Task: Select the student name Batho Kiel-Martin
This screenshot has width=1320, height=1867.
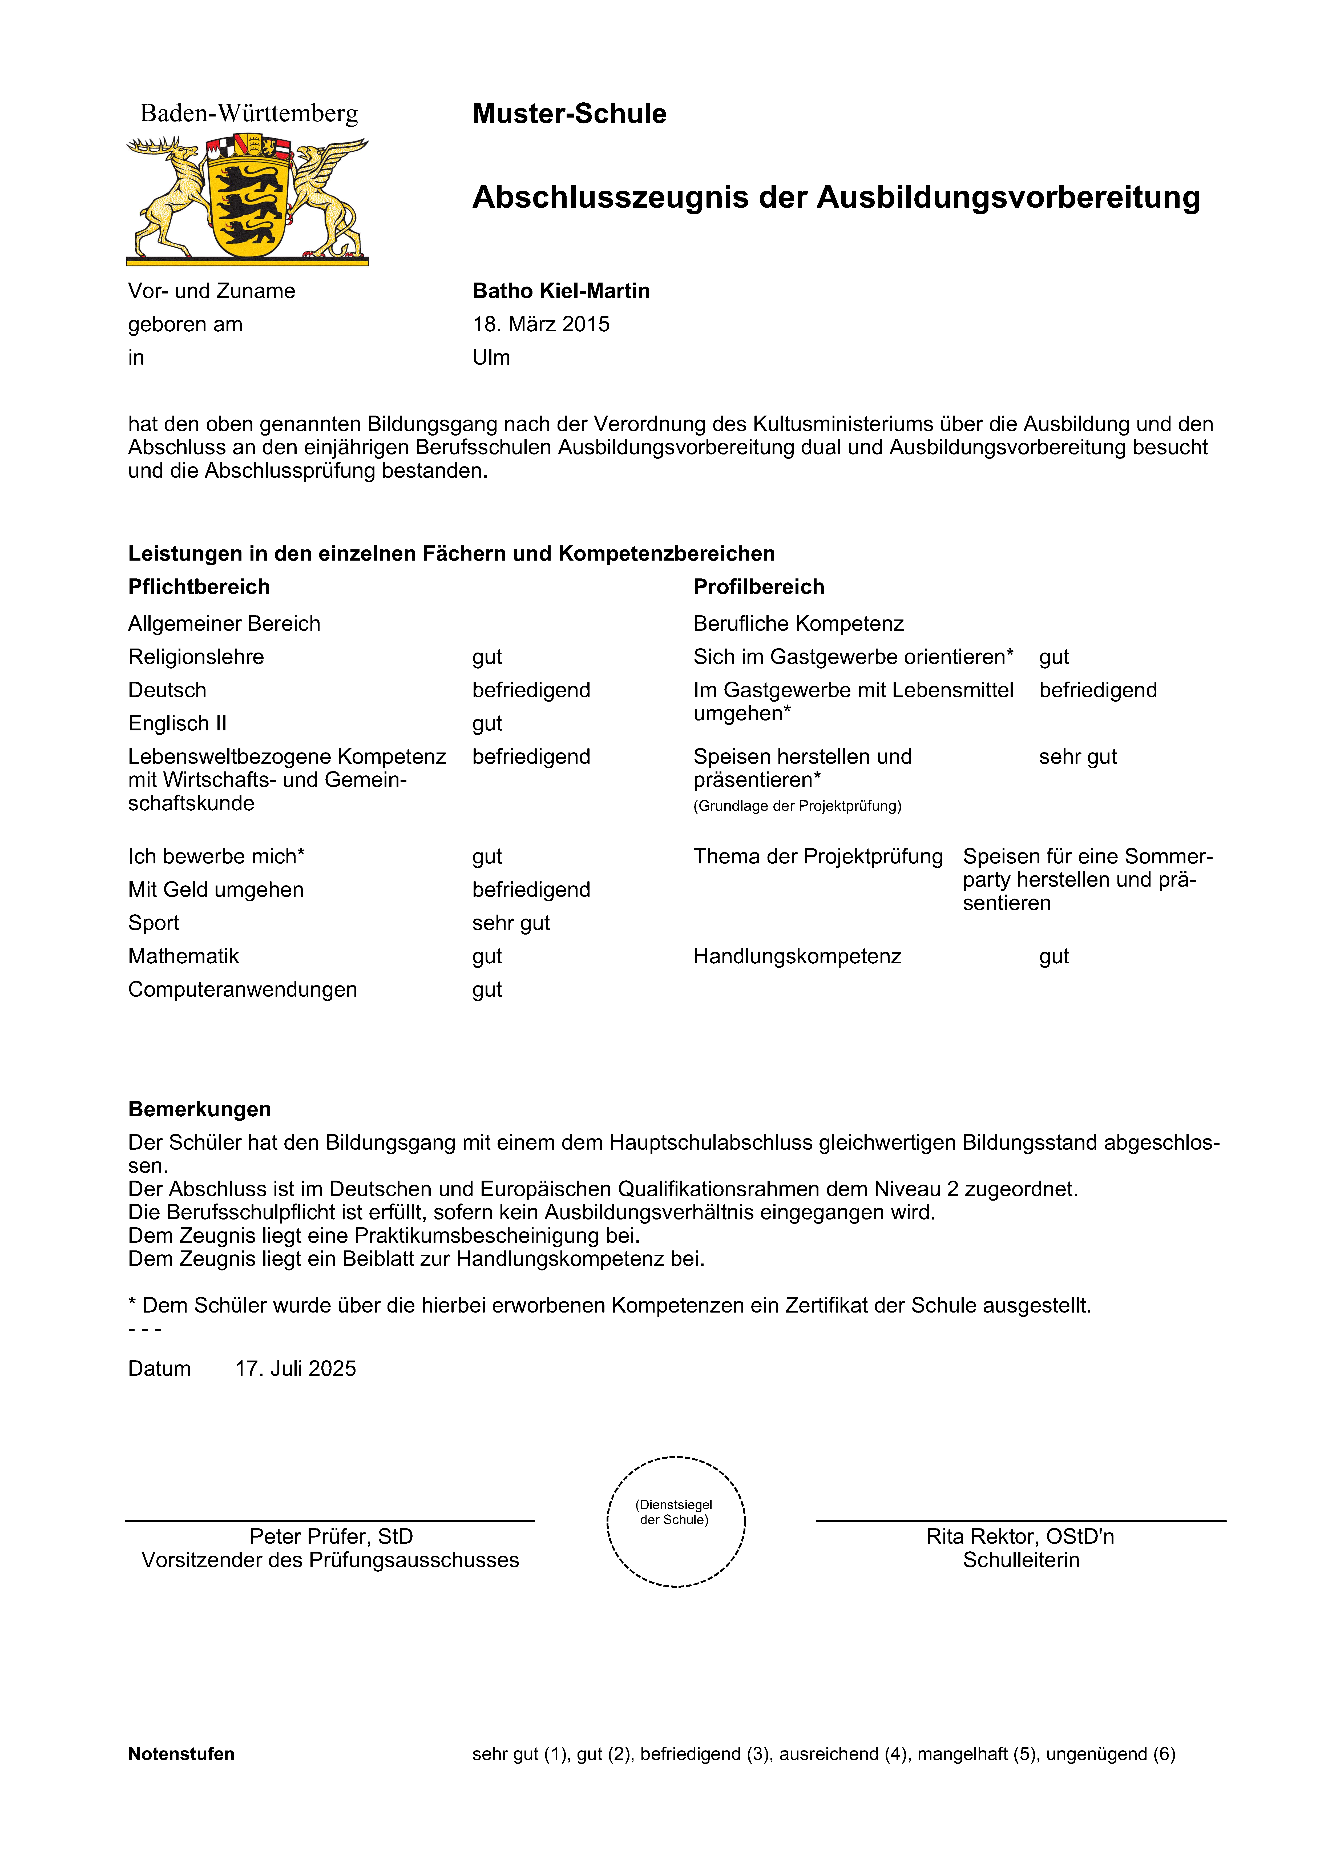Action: (561, 291)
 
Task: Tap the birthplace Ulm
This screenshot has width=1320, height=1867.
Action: (491, 358)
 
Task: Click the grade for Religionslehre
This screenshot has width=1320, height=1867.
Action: (487, 657)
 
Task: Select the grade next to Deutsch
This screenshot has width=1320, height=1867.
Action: (531, 690)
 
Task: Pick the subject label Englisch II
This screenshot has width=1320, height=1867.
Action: (177, 724)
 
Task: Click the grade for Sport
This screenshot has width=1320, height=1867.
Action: (510, 923)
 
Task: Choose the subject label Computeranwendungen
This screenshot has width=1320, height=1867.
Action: (242, 989)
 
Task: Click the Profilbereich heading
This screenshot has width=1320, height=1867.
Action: (758, 587)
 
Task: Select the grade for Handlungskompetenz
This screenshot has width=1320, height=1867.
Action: (1053, 956)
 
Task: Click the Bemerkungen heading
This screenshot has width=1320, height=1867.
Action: (199, 1109)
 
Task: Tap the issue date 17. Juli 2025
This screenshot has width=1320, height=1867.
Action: (295, 1369)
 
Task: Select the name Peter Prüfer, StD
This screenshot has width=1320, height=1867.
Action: (331, 1536)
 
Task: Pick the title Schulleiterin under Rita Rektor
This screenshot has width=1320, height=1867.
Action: (1021, 1560)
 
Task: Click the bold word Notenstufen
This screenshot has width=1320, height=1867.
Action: (181, 1754)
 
